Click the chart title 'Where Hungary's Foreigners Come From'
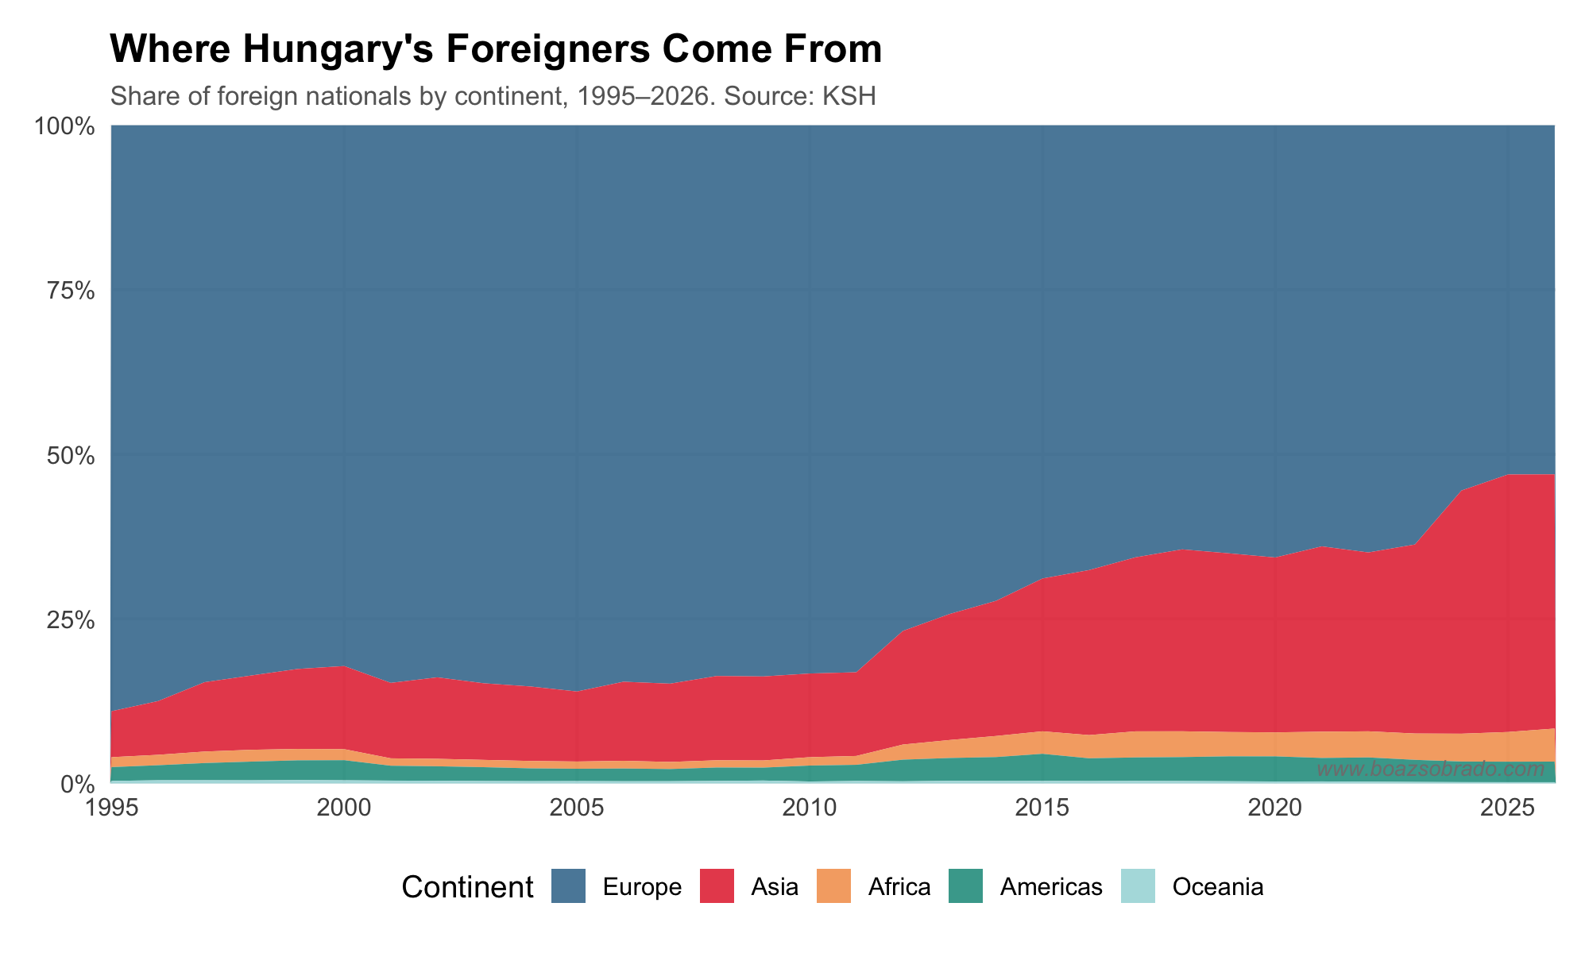[496, 49]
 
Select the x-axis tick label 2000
[343, 808]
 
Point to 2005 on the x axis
[576, 808]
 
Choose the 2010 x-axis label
[809, 808]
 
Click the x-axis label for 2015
[1042, 808]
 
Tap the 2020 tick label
[1274, 808]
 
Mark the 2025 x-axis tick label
[1507, 808]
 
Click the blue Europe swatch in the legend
[568, 886]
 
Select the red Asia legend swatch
[717, 886]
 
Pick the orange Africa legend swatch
[833, 886]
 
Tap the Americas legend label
[1051, 887]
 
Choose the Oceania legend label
[1217, 887]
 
